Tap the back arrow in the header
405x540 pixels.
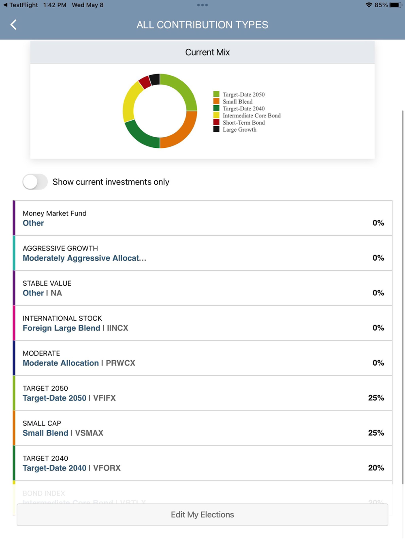click(x=14, y=25)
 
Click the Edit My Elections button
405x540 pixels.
click(x=202, y=514)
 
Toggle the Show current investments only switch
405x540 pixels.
click(x=35, y=182)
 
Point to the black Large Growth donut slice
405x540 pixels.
click(x=154, y=79)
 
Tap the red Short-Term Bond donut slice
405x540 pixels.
click(x=145, y=82)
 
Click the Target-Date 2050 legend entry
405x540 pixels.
click(x=243, y=94)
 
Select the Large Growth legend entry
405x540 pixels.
click(x=239, y=130)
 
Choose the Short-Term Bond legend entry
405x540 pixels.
click(x=243, y=123)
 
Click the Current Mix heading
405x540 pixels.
click(x=207, y=52)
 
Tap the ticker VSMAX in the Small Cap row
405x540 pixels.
click(x=89, y=433)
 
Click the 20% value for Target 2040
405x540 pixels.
click(x=376, y=468)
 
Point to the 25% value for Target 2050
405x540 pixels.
click(x=376, y=398)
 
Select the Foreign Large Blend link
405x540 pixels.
click(x=61, y=328)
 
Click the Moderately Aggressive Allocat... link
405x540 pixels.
click(x=84, y=258)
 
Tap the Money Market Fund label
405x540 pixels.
click(x=55, y=213)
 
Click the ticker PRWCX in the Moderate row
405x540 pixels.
click(x=120, y=363)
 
